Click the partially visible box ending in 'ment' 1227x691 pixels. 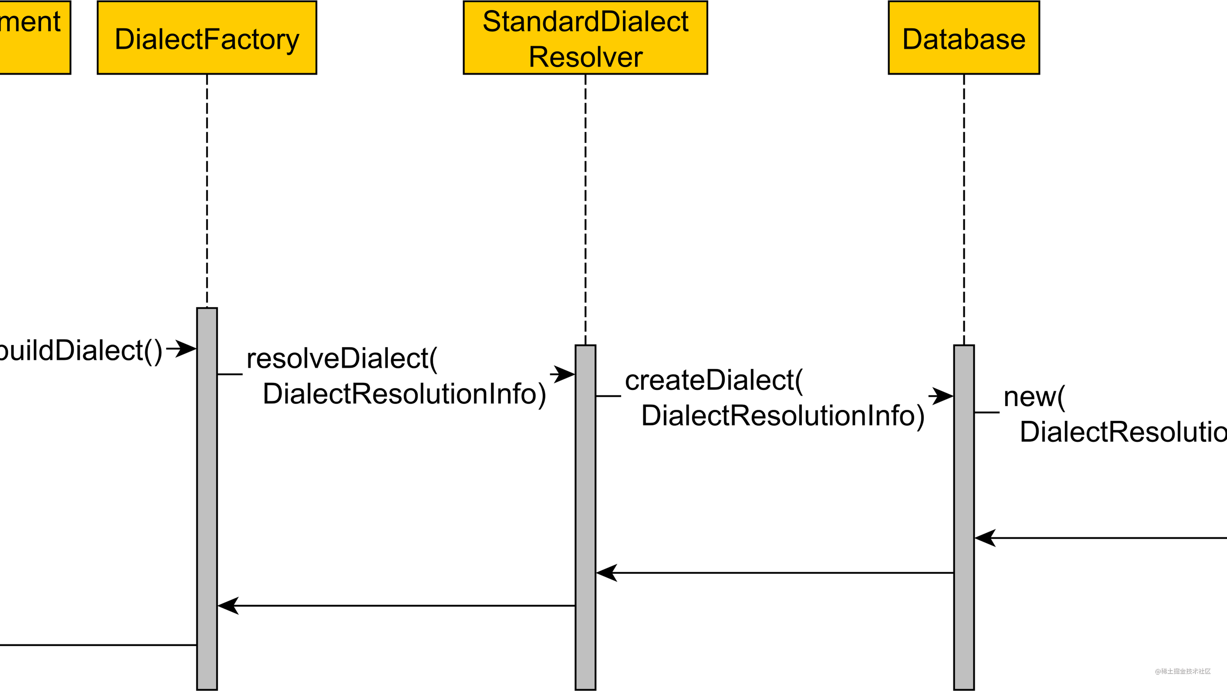click(33, 38)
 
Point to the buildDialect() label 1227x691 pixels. click(79, 351)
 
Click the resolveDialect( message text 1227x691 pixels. click(341, 358)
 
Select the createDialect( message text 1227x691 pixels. click(714, 380)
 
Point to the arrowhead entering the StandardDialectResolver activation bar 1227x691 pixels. click(563, 374)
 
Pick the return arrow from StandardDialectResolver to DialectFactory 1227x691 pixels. click(395, 606)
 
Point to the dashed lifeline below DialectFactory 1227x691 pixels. click(207, 190)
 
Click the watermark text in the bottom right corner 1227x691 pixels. click(1182, 671)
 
